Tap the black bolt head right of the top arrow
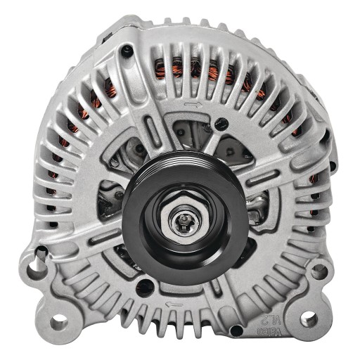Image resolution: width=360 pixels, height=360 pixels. coord(224,122)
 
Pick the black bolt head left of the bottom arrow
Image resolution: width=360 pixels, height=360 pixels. coord(143,285)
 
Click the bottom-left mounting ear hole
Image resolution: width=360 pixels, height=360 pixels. coord(59,323)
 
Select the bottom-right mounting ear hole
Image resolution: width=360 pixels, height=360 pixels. coord(309,319)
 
